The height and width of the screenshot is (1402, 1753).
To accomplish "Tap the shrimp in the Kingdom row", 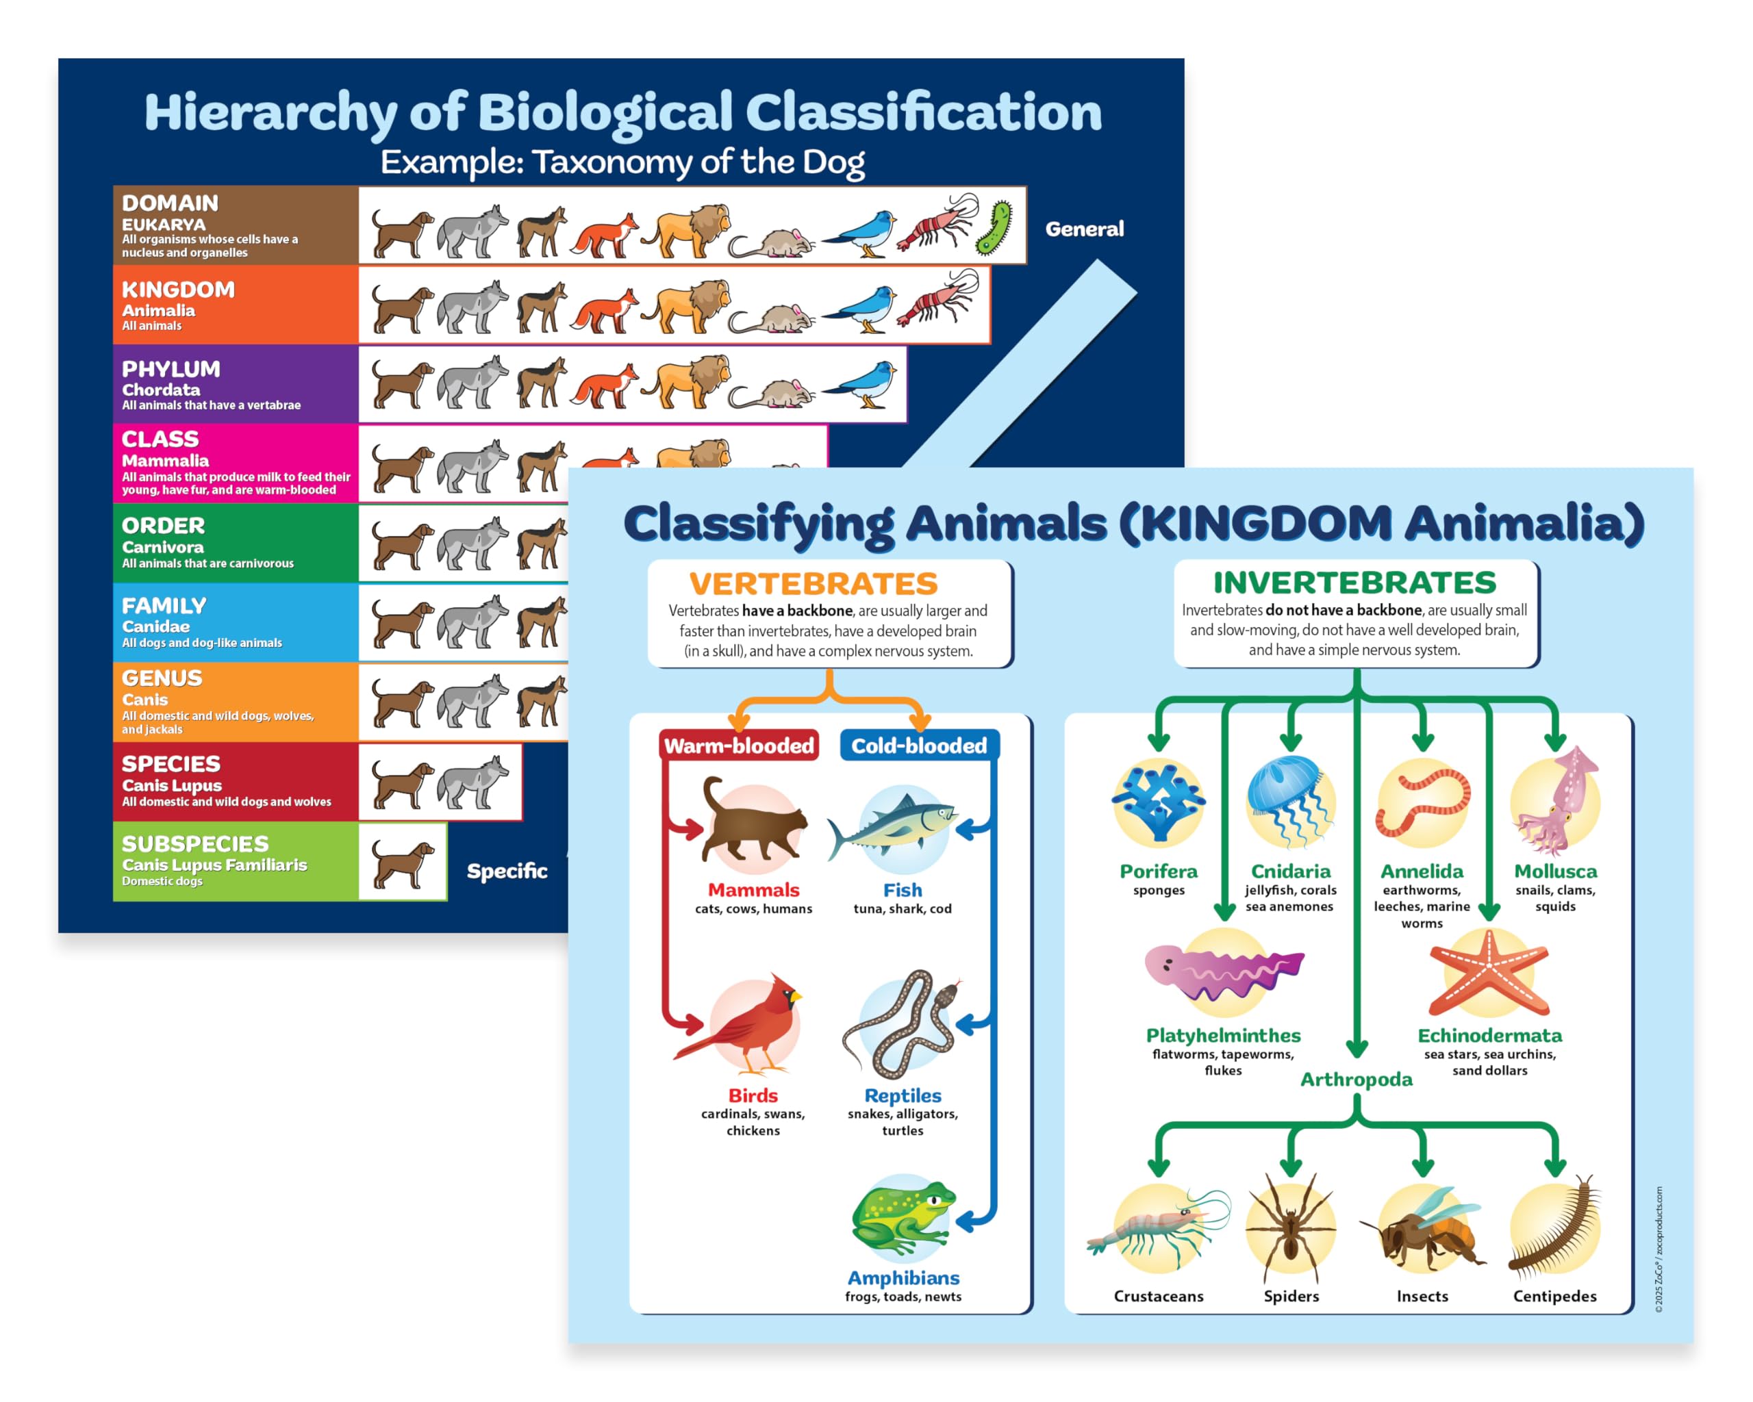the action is (938, 300).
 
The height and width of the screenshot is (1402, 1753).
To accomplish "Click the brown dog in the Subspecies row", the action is (403, 863).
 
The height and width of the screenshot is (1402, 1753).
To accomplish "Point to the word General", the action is (1085, 229).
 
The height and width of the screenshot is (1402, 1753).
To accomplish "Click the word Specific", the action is (507, 871).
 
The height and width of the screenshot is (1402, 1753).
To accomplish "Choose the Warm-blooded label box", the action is (738, 745).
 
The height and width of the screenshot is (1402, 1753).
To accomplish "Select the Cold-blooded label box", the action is (919, 745).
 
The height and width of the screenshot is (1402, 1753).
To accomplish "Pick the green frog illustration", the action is (903, 1216).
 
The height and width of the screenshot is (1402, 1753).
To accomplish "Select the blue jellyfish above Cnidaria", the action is (1290, 800).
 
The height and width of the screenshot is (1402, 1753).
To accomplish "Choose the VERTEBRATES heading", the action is (813, 583).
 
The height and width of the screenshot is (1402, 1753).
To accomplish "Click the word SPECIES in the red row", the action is (171, 764).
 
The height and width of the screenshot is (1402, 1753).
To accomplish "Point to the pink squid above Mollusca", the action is (1555, 800).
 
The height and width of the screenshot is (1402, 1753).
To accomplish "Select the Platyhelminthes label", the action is (1223, 1036).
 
